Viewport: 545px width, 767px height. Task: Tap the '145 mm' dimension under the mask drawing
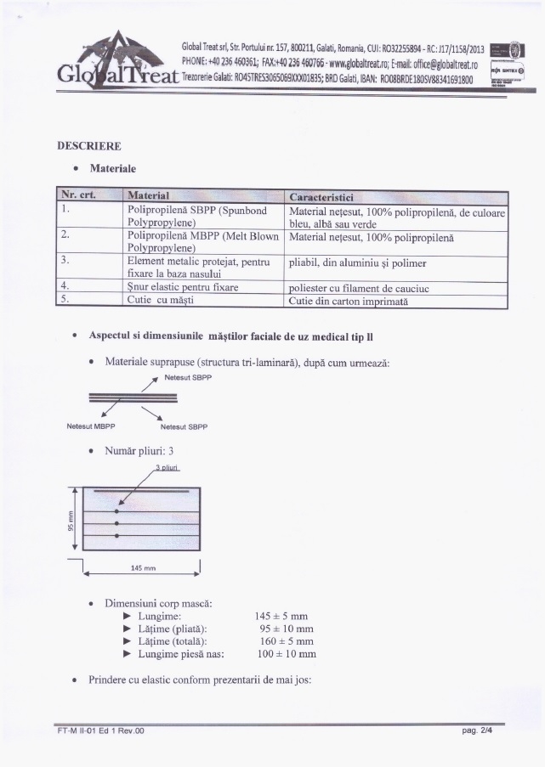point(142,567)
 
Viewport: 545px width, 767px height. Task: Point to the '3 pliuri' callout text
point(170,468)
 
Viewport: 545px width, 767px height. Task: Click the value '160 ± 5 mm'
point(286,641)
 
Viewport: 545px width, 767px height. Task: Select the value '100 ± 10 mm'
point(286,655)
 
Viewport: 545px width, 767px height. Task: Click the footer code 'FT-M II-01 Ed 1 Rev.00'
point(95,730)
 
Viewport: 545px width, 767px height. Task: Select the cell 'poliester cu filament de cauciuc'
point(359,288)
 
